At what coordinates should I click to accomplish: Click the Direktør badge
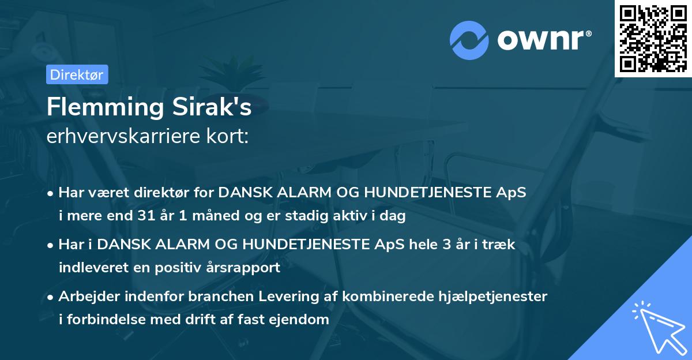pyautogui.click(x=76, y=74)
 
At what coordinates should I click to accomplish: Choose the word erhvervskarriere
pyautogui.click(x=125, y=136)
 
